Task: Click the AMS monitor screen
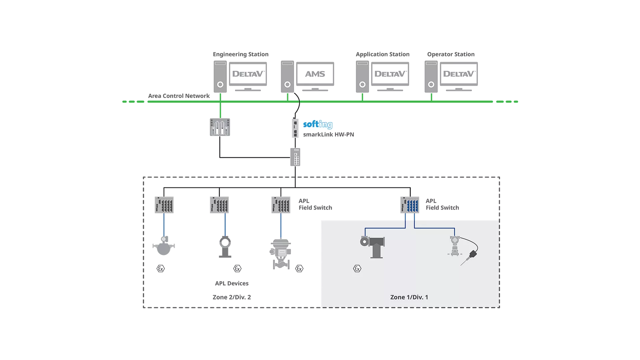coord(315,74)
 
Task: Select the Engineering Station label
coord(241,54)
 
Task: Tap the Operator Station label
coord(451,54)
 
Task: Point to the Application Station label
coord(382,54)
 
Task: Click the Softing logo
coord(318,124)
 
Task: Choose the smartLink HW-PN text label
coord(328,135)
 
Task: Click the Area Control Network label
coord(179,96)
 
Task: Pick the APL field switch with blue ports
coord(410,205)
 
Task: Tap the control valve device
coord(281,254)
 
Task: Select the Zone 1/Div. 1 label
coord(409,297)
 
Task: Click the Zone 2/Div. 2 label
coord(232,297)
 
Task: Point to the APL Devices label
coord(232,283)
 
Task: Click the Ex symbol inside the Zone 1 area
coord(357,269)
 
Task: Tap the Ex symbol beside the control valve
coord(299,269)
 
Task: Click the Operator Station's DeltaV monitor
coord(459,74)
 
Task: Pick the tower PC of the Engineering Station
coord(220,77)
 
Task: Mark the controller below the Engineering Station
coord(220,127)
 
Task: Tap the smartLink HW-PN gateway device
coord(295,128)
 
